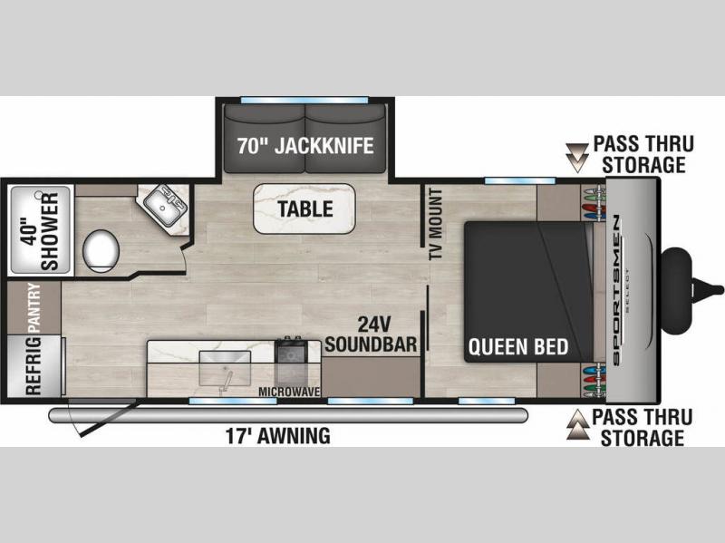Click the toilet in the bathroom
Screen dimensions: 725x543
pyautogui.click(x=101, y=250)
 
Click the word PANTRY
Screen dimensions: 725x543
pyautogui.click(x=34, y=308)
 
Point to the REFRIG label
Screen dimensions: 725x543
pyautogui.click(x=34, y=366)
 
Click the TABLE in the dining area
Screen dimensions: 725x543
pyautogui.click(x=304, y=208)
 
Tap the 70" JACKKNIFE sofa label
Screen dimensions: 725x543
pyautogui.click(x=305, y=146)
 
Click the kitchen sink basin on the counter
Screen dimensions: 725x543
pyautogui.click(x=225, y=368)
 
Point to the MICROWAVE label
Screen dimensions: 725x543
pyautogui.click(x=289, y=393)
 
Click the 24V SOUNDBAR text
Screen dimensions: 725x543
pyautogui.click(x=371, y=335)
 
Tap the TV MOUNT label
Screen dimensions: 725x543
pyautogui.click(x=436, y=224)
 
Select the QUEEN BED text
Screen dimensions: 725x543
pyautogui.click(x=518, y=347)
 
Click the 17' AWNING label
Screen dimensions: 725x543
pyautogui.click(x=278, y=436)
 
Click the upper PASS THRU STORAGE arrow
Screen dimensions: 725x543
pyautogui.click(x=576, y=158)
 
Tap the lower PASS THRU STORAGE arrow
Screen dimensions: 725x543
pyautogui.click(x=578, y=424)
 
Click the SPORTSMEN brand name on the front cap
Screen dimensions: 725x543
pyautogui.click(x=616, y=291)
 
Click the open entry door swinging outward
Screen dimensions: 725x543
pyautogui.click(x=103, y=418)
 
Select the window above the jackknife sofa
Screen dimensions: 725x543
pyautogui.click(x=304, y=100)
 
